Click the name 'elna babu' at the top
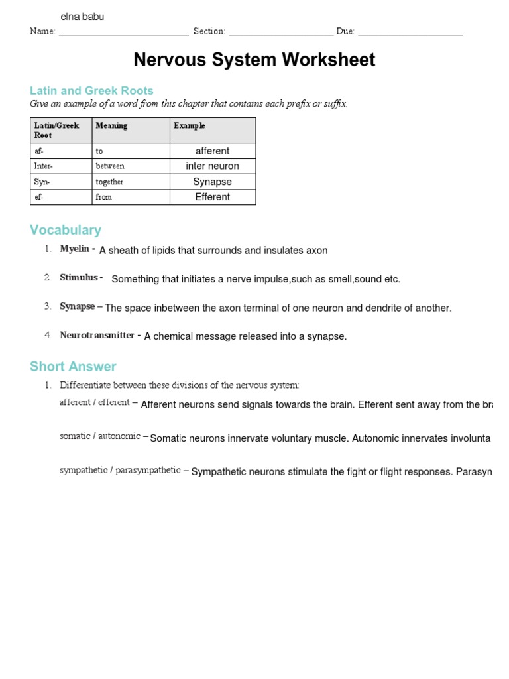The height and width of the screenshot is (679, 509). pos(82,17)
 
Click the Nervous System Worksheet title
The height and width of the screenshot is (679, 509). pos(254,60)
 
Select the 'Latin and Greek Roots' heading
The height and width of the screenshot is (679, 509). pos(91,91)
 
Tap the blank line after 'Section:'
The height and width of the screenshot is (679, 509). pos(281,32)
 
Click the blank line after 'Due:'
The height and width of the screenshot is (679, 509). pos(410,32)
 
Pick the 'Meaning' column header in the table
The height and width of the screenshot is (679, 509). pos(111,125)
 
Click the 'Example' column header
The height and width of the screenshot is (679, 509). pos(190,125)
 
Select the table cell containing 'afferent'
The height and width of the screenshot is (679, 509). pos(213,151)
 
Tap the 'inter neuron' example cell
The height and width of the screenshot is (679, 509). pos(213,166)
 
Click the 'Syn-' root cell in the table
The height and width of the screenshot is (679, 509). pos(42,182)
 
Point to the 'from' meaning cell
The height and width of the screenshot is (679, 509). pos(104,197)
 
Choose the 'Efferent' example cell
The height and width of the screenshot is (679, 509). pos(213,197)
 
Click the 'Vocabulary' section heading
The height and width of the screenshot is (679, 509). pos(66,230)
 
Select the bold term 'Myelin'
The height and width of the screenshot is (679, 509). pos(74,249)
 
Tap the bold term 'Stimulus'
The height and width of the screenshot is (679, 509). pos(79,278)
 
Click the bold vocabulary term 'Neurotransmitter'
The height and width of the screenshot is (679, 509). pos(97,336)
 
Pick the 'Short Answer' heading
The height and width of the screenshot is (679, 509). pos(73,367)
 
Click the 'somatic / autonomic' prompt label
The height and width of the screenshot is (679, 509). pos(100,436)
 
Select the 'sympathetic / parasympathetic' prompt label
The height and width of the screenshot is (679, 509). pos(120,471)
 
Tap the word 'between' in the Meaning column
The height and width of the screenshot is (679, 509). pos(110,166)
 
